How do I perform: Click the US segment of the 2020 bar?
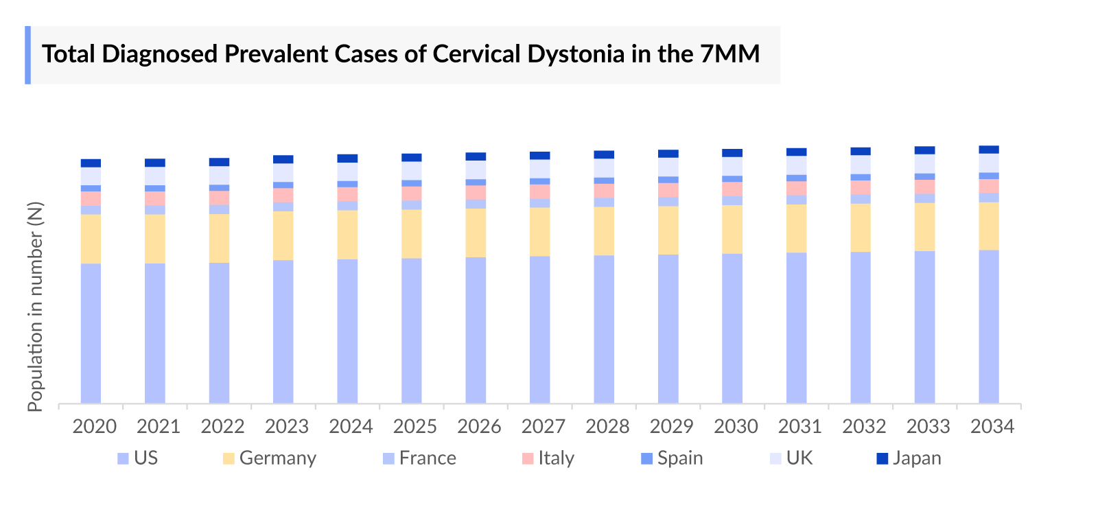click(91, 333)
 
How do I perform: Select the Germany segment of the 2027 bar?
click(539, 232)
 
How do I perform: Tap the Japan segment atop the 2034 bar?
click(988, 150)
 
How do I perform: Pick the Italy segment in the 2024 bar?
click(347, 194)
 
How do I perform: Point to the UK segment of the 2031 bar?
click(796, 165)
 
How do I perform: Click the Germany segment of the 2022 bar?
click(219, 238)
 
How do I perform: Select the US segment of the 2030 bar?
click(732, 328)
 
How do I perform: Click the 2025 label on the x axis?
click(414, 427)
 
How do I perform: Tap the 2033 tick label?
click(928, 427)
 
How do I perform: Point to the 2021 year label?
click(158, 427)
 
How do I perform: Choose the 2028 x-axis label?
click(607, 427)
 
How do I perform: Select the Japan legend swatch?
click(883, 458)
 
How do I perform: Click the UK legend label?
click(799, 458)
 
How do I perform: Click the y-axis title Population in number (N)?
click(35, 306)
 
